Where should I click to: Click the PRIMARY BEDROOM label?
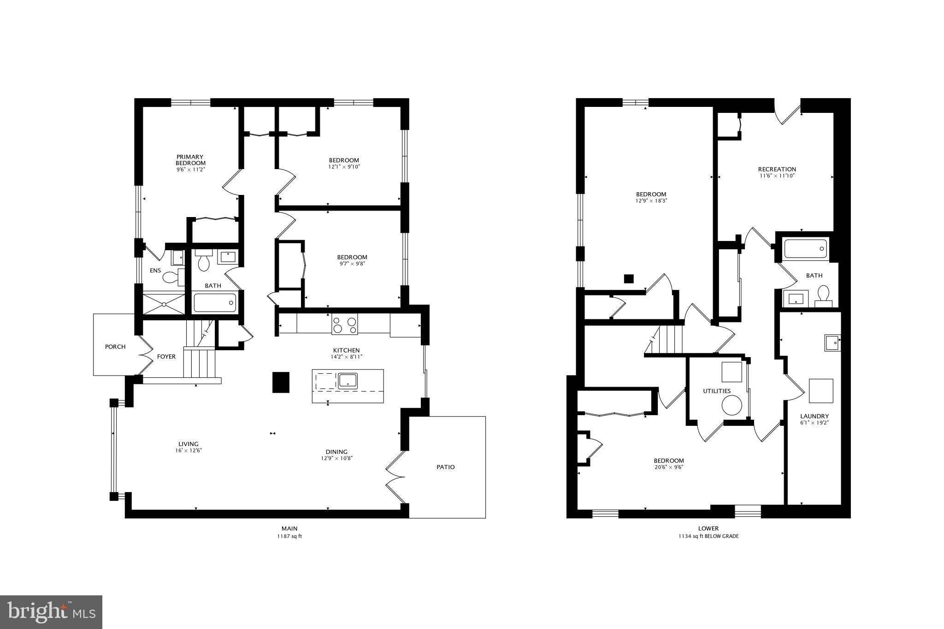pos(190,160)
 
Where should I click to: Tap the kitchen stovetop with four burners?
pos(344,324)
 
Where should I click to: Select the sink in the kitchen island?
pos(348,380)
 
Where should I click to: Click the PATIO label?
pos(445,467)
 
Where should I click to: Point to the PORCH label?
pos(115,347)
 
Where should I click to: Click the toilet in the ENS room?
pos(172,277)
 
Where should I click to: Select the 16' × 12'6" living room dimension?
pos(188,451)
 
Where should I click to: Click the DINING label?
pos(336,452)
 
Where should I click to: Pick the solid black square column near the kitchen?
pos(281,382)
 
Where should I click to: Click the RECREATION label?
pos(777,169)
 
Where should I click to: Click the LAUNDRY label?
pos(814,416)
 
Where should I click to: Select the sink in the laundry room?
pos(832,343)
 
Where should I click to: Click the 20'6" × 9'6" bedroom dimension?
pos(669,467)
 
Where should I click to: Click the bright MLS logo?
pos(51,612)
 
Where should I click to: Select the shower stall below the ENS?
pos(163,304)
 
